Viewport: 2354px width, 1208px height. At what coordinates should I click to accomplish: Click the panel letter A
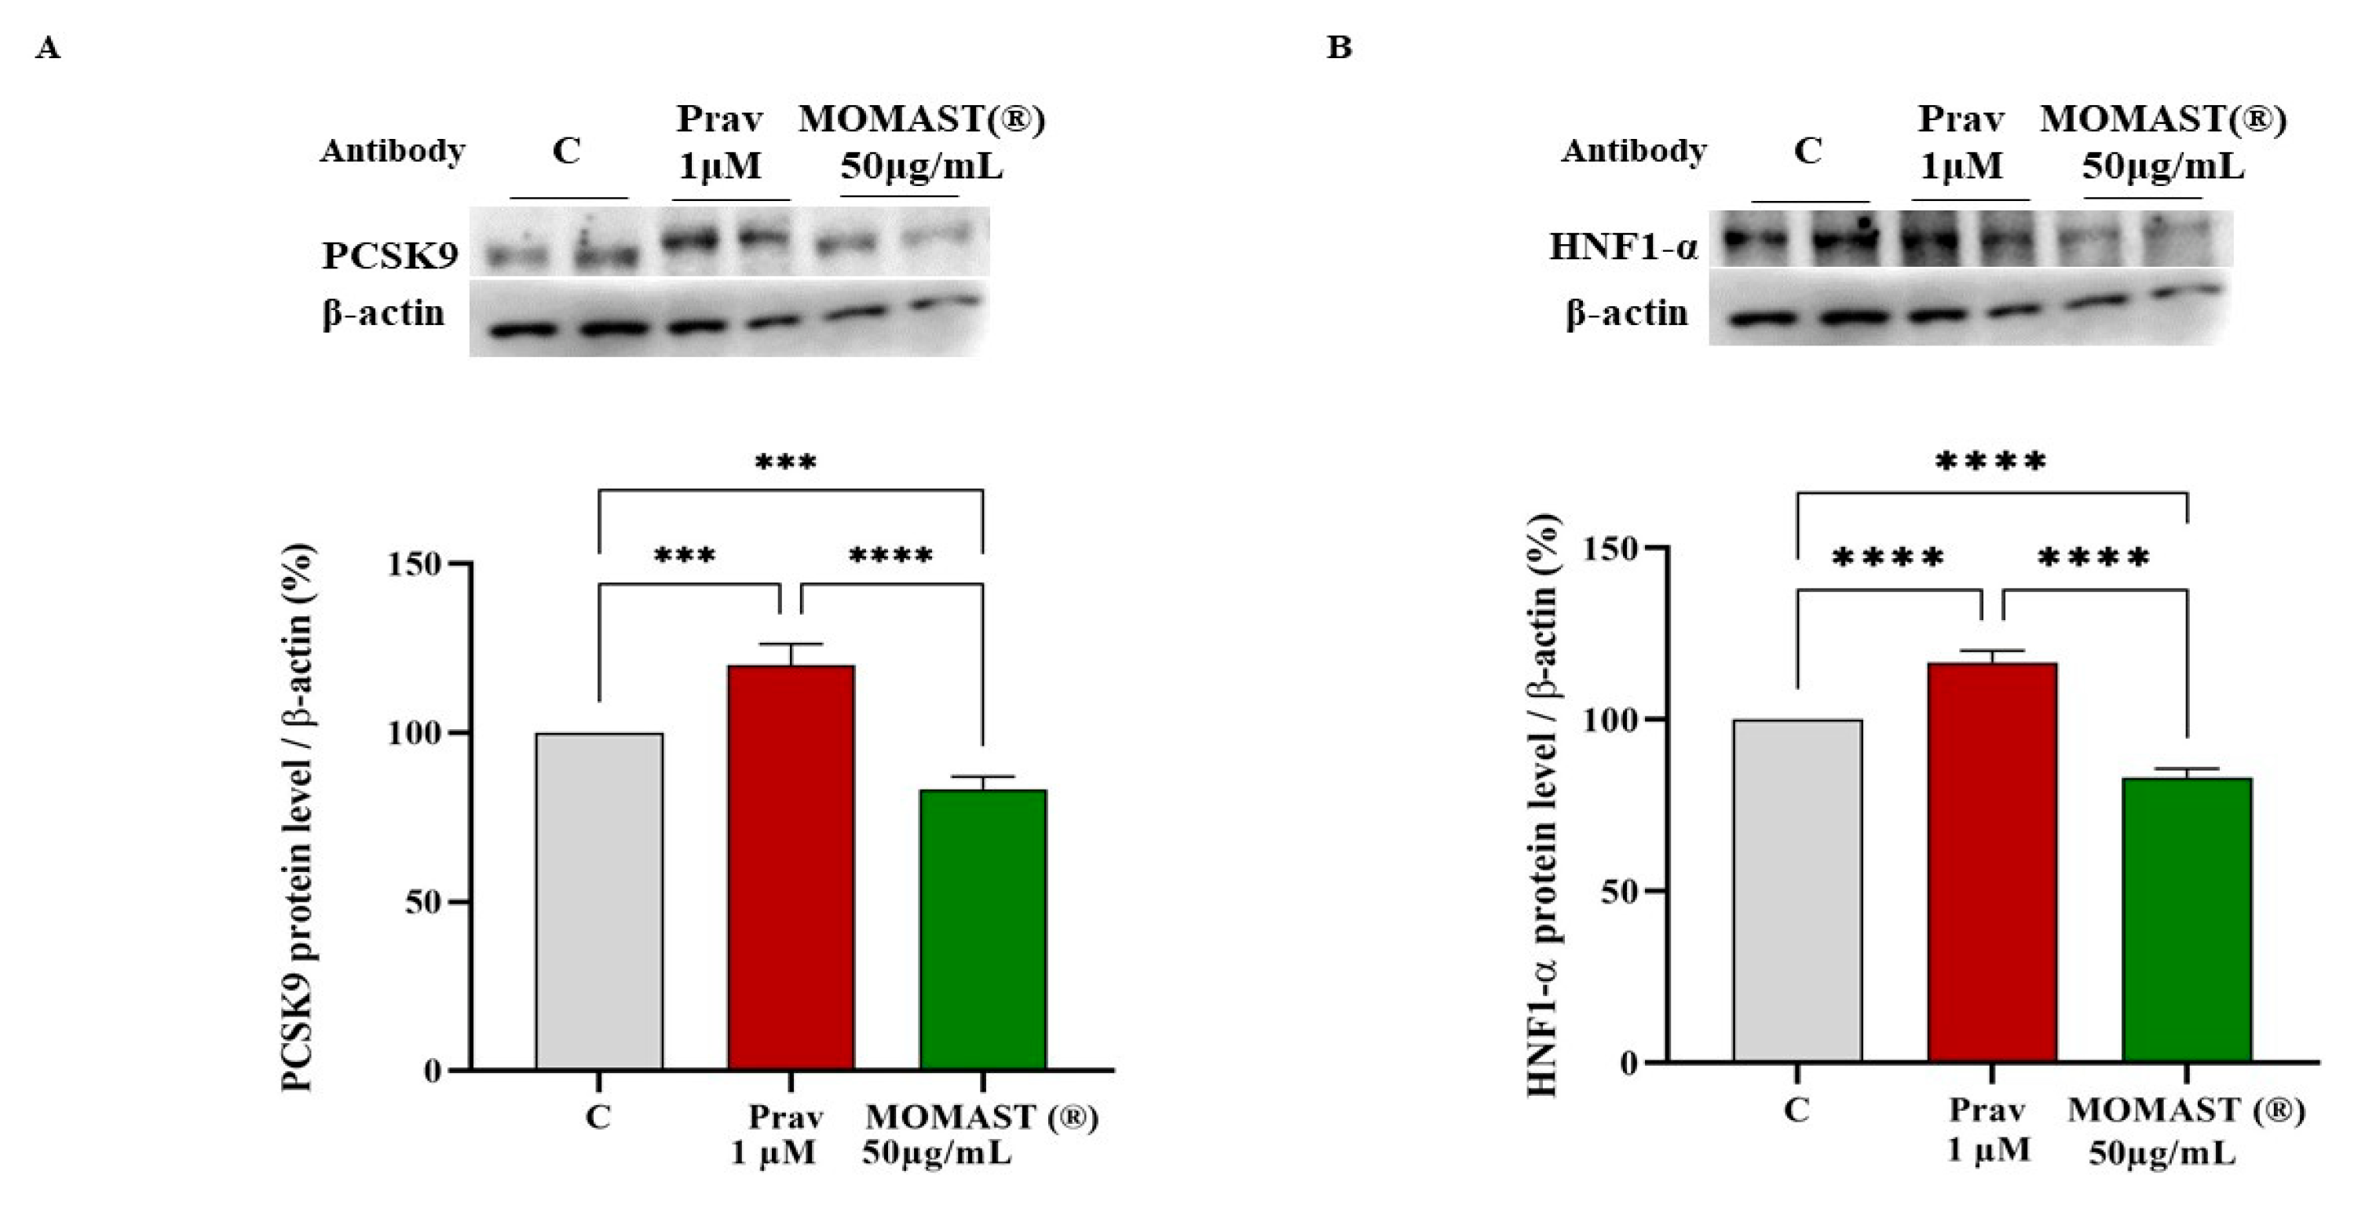click(x=48, y=48)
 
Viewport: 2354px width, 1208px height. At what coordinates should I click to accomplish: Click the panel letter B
click(x=1339, y=46)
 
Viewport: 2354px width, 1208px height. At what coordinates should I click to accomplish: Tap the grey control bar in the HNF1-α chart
click(x=1797, y=890)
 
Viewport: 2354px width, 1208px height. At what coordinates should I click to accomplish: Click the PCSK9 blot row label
click(x=389, y=256)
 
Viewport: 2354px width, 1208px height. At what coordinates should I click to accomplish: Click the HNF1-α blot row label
click(x=1623, y=246)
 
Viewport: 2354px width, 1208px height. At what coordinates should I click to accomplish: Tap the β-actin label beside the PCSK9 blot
click(x=383, y=313)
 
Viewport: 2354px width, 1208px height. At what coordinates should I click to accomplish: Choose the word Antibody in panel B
click(x=1633, y=150)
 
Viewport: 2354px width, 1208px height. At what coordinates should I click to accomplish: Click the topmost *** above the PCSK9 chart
click(x=785, y=462)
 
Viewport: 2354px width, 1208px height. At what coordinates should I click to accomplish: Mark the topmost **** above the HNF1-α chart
click(x=1990, y=462)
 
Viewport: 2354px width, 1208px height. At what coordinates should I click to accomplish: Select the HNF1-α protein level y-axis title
click(x=1543, y=804)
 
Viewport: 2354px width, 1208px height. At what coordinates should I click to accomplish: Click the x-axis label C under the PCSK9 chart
click(x=598, y=1117)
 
